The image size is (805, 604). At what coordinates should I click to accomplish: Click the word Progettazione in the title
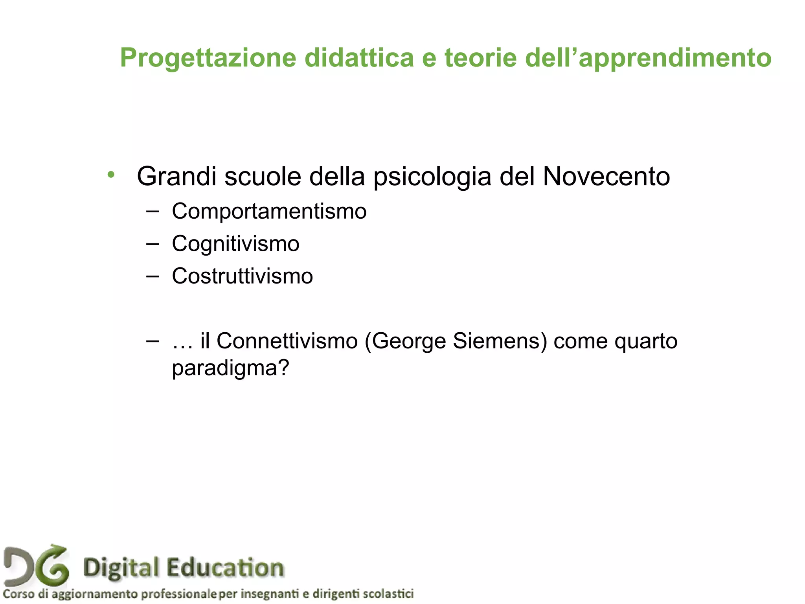point(208,58)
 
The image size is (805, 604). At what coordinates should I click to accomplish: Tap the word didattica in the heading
point(359,57)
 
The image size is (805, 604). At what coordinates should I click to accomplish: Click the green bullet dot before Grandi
point(111,175)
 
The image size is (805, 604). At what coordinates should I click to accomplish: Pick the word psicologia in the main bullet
point(432,177)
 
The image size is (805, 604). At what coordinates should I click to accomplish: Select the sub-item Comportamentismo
point(269,211)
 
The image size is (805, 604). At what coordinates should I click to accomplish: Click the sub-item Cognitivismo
point(235,243)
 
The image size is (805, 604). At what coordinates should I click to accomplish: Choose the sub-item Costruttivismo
point(242,276)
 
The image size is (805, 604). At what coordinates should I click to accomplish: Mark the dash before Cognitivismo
point(152,244)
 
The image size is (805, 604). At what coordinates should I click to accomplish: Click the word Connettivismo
point(287,341)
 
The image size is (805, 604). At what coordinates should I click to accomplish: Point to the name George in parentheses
point(409,341)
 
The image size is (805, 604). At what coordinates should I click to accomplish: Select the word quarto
point(646,341)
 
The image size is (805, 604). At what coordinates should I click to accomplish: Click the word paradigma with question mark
point(230,368)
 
